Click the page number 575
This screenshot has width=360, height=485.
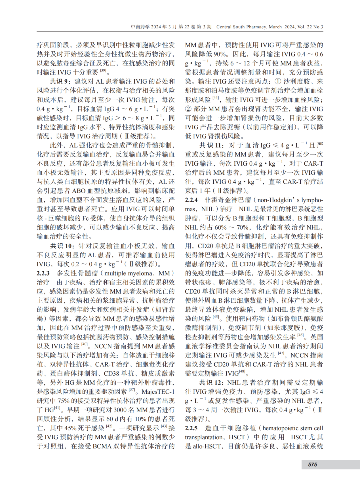pos(312,464)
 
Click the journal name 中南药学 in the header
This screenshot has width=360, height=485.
pos(140,27)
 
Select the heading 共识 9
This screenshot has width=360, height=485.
pos(60,81)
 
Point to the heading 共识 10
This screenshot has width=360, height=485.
pos(62,246)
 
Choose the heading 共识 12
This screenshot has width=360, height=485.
pos(211,383)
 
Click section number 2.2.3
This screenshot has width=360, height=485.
pos(43,273)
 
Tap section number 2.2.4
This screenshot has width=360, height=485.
pos(191,200)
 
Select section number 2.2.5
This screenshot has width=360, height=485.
pos(191,428)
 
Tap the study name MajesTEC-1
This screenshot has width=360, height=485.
pos(158,392)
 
